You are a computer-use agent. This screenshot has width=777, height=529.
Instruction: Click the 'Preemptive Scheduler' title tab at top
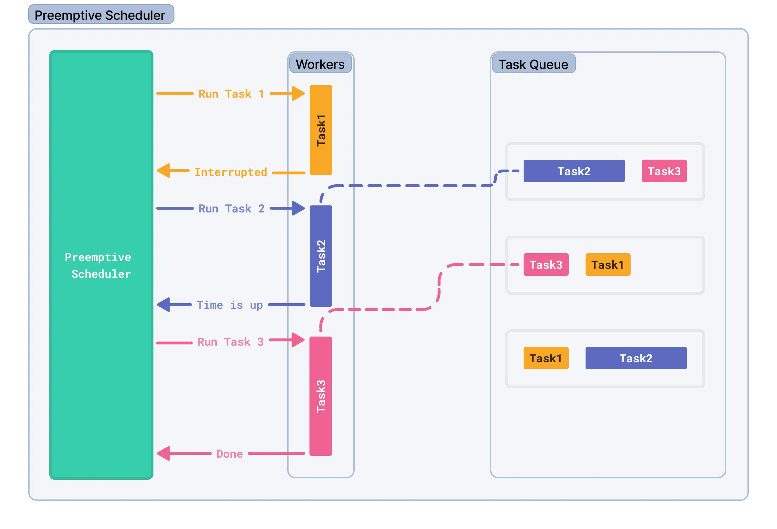[x=101, y=15]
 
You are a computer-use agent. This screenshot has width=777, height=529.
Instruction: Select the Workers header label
[x=320, y=64]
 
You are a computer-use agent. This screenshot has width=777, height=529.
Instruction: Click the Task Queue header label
[x=533, y=64]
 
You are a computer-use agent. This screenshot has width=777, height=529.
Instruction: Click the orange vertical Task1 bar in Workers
[x=321, y=130]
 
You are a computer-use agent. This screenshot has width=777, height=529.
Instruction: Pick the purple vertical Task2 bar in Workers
[x=321, y=256]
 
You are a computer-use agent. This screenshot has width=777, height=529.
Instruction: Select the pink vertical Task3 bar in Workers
[x=321, y=396]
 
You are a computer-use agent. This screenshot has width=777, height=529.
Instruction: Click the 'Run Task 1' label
[x=231, y=94]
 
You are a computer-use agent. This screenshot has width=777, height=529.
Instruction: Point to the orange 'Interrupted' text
[x=231, y=172]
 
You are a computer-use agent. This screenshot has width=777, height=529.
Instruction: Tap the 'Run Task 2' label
[x=231, y=209]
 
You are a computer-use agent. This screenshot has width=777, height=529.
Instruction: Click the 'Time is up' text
[x=229, y=305]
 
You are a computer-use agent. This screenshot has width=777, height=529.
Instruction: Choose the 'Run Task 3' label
[x=230, y=342]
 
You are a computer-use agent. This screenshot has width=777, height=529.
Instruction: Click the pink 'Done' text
[x=229, y=454]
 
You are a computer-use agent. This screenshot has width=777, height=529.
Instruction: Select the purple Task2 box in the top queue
[x=574, y=171]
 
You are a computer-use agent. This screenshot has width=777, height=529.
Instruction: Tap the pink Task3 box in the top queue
[x=664, y=171]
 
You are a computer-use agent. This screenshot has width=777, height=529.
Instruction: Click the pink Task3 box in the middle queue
[x=546, y=264]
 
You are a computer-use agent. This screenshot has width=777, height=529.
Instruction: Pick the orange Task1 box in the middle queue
[x=608, y=264]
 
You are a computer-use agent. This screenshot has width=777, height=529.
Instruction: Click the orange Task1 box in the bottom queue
[x=546, y=358]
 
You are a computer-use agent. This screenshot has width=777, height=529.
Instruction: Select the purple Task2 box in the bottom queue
[x=636, y=358]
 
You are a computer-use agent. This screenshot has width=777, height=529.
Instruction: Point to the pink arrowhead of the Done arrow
[x=164, y=453]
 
